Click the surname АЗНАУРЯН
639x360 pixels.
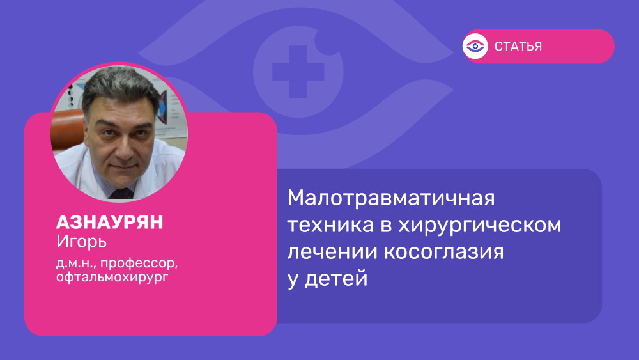110,222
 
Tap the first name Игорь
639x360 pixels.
82,242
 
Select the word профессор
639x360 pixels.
139,263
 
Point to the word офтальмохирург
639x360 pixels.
112,278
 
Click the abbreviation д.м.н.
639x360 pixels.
76,263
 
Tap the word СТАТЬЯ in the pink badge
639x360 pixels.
518,47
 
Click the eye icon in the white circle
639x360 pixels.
475,46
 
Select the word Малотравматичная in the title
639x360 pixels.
391,198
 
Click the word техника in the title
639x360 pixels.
330,225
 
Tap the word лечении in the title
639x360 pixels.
332,252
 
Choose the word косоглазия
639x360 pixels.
444,252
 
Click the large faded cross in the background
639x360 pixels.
298,72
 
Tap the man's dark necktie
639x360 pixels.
121,194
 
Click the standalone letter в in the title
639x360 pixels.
386,226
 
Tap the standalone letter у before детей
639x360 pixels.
293,281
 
